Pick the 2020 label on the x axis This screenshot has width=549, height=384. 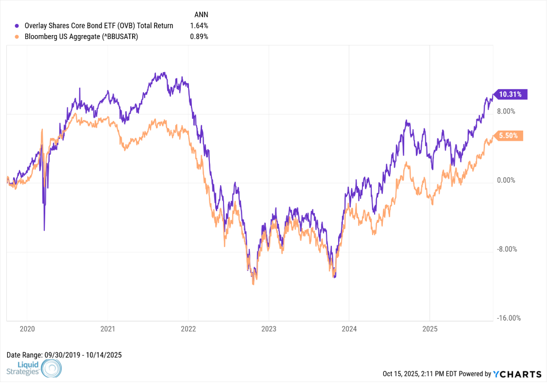27,329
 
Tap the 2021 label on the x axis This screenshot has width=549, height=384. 108,329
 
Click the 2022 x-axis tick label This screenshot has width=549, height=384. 188,329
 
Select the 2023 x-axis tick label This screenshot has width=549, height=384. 268,329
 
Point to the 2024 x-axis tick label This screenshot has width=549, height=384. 349,329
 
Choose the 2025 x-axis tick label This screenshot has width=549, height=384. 430,329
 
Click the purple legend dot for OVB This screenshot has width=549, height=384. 18,26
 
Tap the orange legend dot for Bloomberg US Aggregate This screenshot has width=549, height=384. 18,37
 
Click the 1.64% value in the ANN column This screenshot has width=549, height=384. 200,26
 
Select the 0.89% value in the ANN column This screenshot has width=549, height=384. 200,37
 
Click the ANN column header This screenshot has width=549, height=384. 201,15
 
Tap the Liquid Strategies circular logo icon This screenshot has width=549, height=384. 52,369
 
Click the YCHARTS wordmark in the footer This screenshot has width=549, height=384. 517,374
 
